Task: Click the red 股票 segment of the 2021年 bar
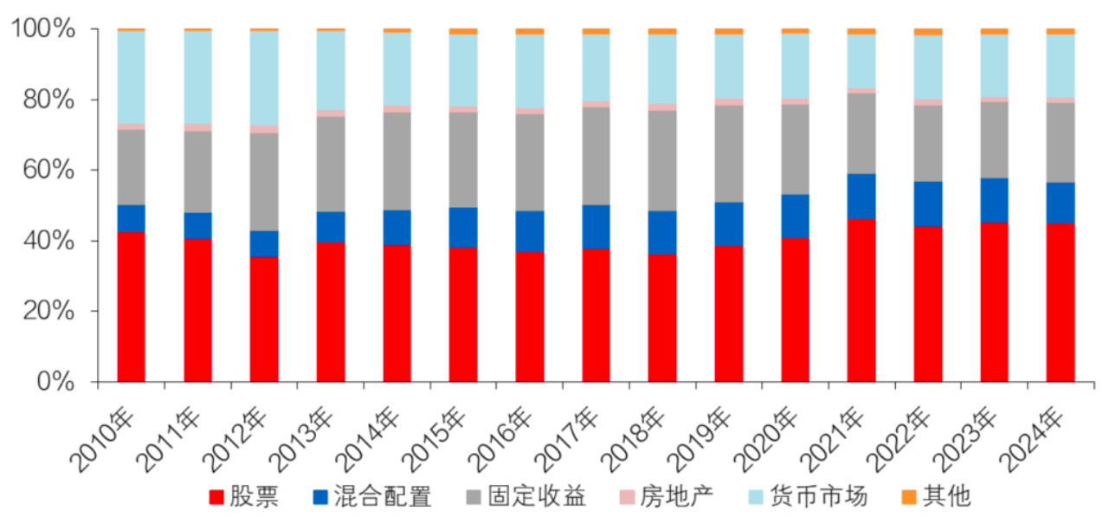tap(861, 300)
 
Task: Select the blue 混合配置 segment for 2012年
tap(264, 243)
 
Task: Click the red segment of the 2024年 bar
tap(1060, 302)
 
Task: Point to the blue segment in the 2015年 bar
tap(463, 227)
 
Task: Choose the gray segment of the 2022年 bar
tap(927, 143)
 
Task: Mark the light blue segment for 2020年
tap(795, 66)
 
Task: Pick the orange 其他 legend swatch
tap(908, 497)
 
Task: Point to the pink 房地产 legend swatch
tap(628, 497)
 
